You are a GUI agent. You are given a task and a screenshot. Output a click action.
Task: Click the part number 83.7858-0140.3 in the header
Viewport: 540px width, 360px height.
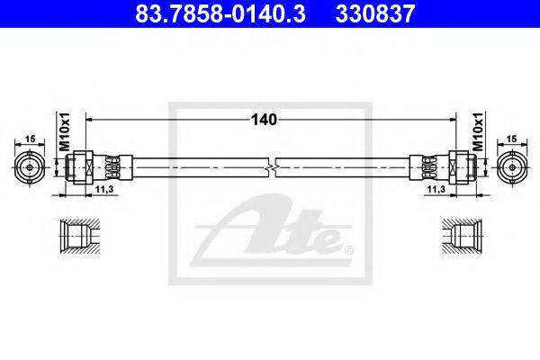point(220,13)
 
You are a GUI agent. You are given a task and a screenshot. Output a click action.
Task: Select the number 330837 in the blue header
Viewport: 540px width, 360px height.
point(375,13)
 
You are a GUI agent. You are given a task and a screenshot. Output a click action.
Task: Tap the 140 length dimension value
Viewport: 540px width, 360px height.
point(264,120)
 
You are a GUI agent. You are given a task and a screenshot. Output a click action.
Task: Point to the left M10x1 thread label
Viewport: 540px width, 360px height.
point(65,131)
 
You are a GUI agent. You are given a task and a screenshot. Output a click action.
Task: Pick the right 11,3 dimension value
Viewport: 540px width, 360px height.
point(436,189)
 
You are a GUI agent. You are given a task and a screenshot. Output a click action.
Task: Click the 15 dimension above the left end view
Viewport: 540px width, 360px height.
point(31,139)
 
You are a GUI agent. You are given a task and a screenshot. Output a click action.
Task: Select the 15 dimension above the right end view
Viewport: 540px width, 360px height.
point(512,139)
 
